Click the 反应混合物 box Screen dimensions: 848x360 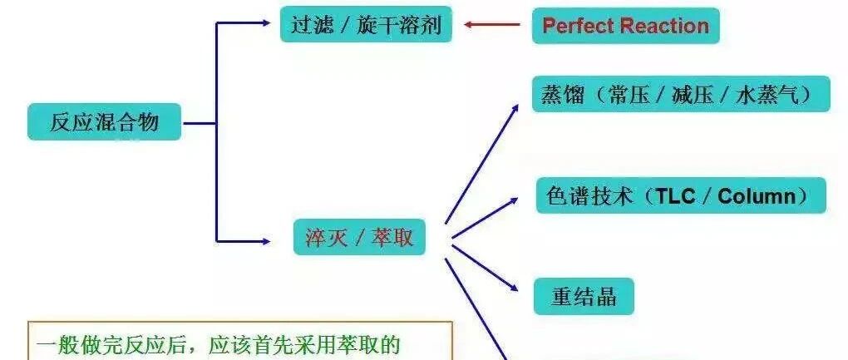click(x=104, y=122)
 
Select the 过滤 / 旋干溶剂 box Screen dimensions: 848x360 click(x=365, y=25)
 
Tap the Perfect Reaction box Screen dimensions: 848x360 click(x=625, y=25)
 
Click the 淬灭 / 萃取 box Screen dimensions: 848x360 click(x=359, y=239)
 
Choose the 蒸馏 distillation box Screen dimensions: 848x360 click(x=680, y=94)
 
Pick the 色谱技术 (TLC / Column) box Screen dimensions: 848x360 click(x=680, y=196)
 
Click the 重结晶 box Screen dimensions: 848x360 click(x=584, y=297)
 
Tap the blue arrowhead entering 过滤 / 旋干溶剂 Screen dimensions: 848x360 click(x=265, y=23)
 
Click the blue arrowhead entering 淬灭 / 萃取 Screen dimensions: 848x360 click(x=265, y=241)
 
